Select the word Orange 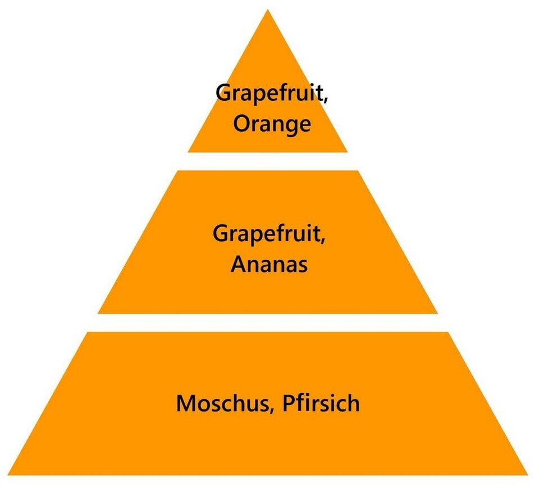(x=272, y=124)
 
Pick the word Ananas (x=269, y=264)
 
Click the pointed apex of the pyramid (x=268, y=11)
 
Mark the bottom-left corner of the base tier (x=8, y=474)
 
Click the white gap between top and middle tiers (x=268, y=161)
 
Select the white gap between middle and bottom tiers (x=268, y=322)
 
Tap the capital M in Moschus (x=187, y=404)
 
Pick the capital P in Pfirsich (x=290, y=404)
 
